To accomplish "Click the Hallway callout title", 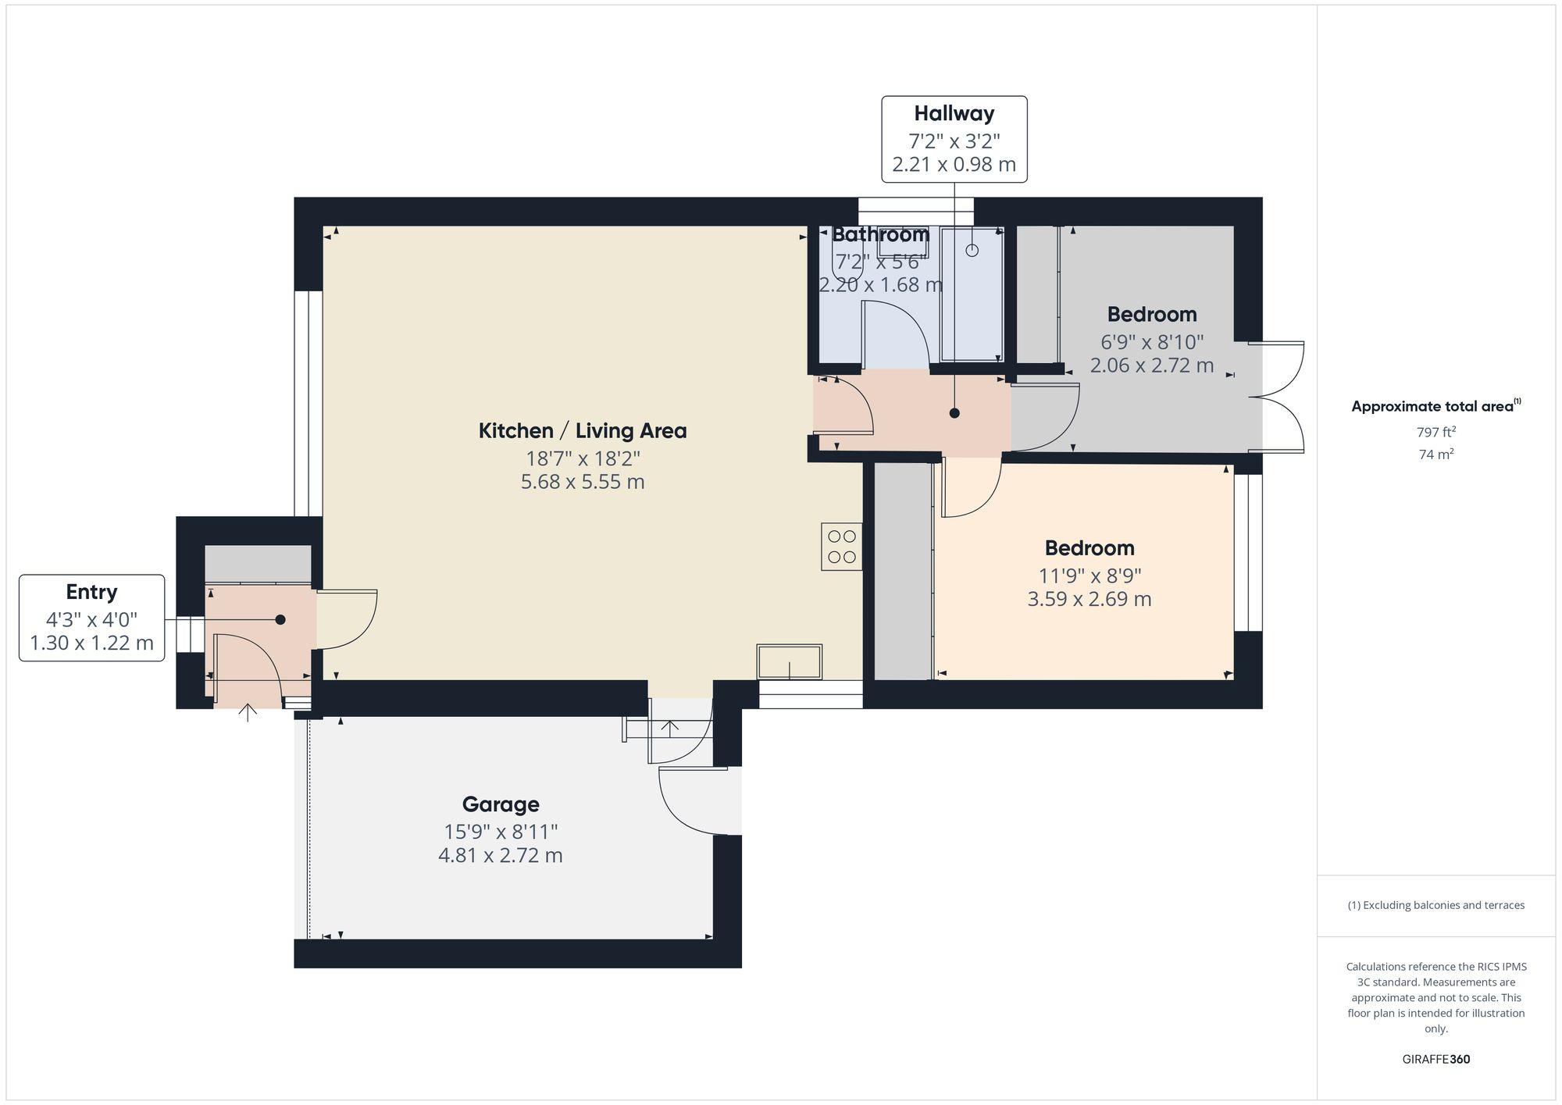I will point(954,114).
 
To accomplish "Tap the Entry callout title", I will point(91,592).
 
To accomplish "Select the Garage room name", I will point(500,804).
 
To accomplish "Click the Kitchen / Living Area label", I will point(582,431).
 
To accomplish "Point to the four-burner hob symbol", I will point(841,547).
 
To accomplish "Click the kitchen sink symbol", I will point(789,661).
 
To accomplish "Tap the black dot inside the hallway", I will point(954,413).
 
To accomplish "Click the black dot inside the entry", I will point(280,619).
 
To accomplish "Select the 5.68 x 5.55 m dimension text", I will point(582,483).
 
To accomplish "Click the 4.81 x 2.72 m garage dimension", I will point(500,856).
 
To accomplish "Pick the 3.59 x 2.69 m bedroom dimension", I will point(1089,600).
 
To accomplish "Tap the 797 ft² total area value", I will point(1435,432).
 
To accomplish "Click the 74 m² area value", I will point(1435,454).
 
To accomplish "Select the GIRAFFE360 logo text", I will point(1435,1060).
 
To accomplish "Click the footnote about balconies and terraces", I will point(1435,906).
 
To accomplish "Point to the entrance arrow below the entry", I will point(248,712).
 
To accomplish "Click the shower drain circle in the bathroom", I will point(972,251).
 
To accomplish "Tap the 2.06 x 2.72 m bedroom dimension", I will point(1151,365).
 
